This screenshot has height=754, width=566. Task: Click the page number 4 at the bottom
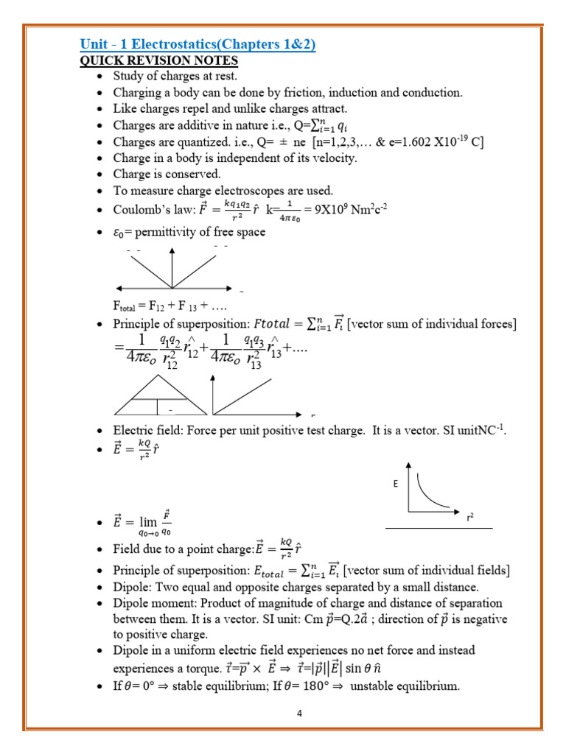[299, 714]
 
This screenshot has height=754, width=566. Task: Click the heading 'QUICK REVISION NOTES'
[158, 60]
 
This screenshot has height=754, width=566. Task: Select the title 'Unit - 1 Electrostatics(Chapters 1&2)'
[198, 44]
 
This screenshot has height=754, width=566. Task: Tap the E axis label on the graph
[395, 485]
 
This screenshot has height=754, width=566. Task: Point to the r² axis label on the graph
[469, 518]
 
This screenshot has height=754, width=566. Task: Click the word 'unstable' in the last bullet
[377, 687]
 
